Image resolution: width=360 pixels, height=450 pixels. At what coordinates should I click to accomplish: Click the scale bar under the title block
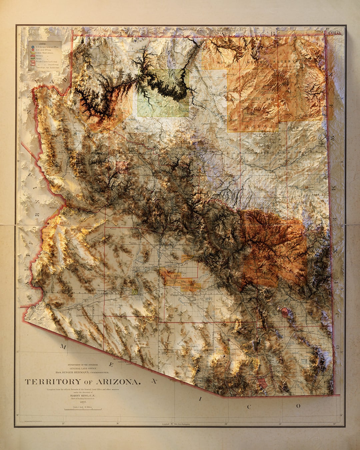(83, 409)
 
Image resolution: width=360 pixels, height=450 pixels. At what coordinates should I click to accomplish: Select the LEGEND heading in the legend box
(44, 43)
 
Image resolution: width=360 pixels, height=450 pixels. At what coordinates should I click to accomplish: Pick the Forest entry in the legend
(40, 58)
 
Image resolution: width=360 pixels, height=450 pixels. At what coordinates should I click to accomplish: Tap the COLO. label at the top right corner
(334, 33)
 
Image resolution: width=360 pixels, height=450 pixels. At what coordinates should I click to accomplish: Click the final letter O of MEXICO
(298, 406)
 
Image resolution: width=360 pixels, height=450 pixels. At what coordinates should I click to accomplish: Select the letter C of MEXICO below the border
(249, 406)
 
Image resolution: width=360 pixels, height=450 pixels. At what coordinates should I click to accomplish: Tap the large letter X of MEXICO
(154, 381)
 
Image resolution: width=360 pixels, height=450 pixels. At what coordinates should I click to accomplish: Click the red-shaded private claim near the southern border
(262, 383)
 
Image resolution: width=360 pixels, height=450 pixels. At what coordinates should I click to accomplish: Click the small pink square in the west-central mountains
(122, 167)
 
